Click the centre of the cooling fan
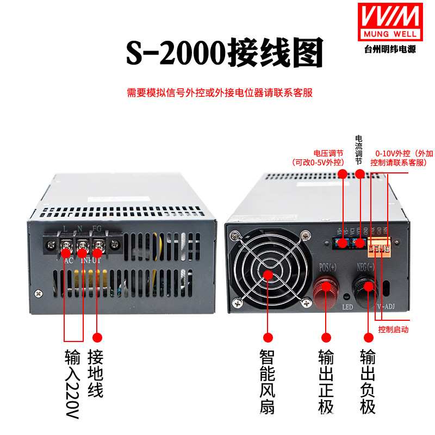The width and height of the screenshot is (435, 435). point(268,273)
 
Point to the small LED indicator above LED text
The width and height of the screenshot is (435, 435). point(346,296)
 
